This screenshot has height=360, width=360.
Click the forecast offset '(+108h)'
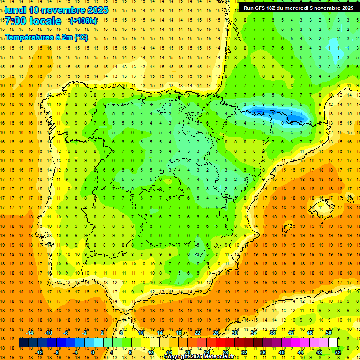tap(83, 21)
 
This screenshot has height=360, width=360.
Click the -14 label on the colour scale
tap(30, 333)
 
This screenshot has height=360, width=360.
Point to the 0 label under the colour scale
tap(93, 352)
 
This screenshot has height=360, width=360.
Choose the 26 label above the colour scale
tap(216, 333)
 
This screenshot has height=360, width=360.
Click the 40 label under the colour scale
tap(282, 352)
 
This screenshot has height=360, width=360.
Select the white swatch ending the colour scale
tap(333, 343)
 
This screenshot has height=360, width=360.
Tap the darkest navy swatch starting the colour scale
tap(23, 343)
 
